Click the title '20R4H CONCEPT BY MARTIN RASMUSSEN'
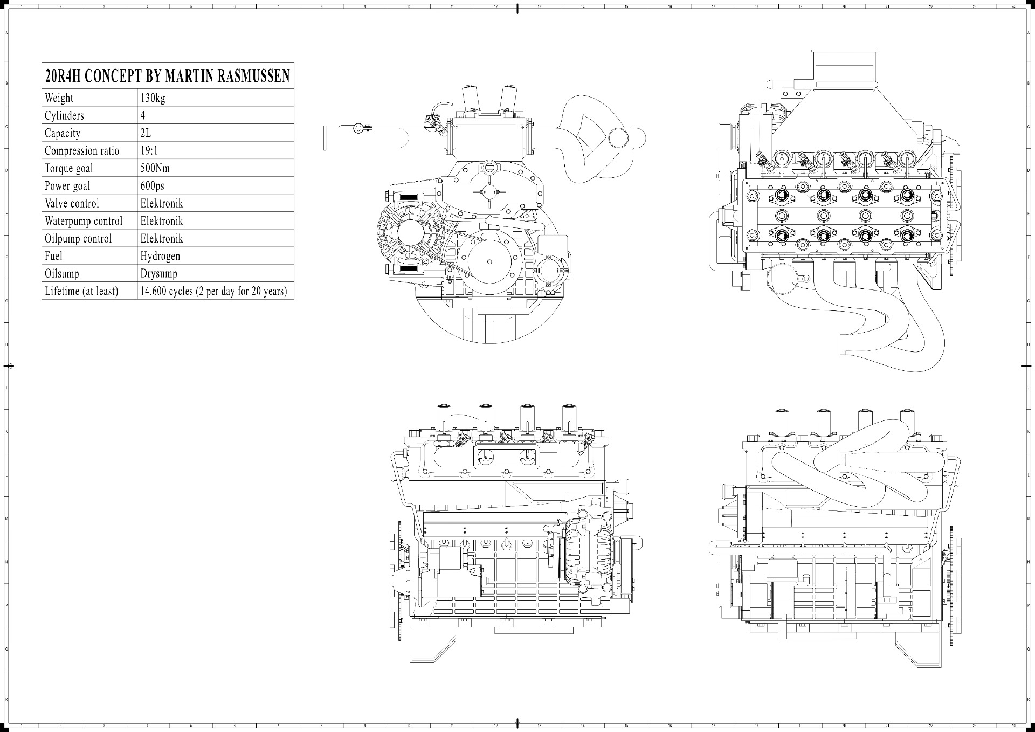click(168, 76)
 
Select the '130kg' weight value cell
click(153, 98)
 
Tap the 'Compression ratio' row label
click(82, 150)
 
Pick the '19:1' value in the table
click(149, 150)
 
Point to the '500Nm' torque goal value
click(155, 168)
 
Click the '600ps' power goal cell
click(153, 186)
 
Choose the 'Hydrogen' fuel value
click(160, 256)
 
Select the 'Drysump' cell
click(159, 273)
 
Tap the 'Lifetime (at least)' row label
click(81, 291)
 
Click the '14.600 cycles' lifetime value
click(213, 291)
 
